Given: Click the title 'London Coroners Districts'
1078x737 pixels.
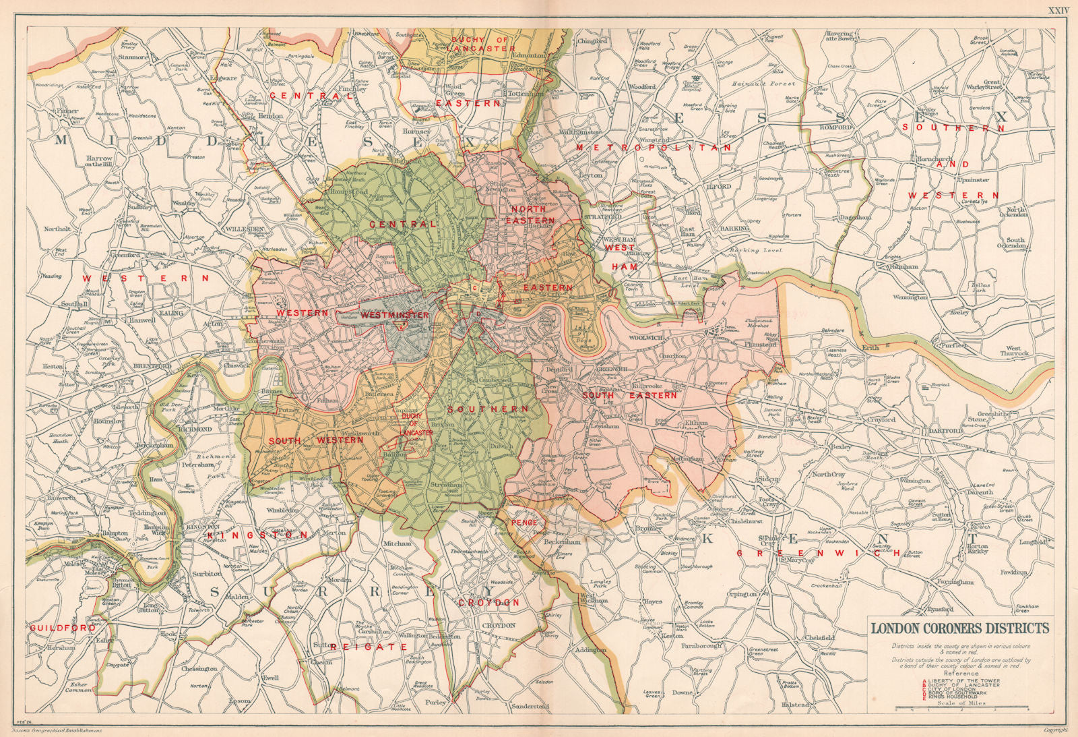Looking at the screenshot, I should [960, 628].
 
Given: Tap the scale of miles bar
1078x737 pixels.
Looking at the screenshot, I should [961, 709].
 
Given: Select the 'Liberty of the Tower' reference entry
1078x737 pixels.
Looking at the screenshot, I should [965, 680].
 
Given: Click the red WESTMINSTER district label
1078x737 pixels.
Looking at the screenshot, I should [395, 315].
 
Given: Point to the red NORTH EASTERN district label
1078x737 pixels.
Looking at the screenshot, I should [530, 214].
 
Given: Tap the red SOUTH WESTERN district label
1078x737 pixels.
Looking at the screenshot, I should [317, 440].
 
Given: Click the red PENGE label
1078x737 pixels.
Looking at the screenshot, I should [525, 523].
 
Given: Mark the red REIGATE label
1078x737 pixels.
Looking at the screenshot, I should [368, 647].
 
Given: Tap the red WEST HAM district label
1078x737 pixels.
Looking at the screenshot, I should [619, 257].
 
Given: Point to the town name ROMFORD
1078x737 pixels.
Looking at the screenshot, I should [836, 127].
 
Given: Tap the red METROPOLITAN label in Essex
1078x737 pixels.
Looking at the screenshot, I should [654, 147].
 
